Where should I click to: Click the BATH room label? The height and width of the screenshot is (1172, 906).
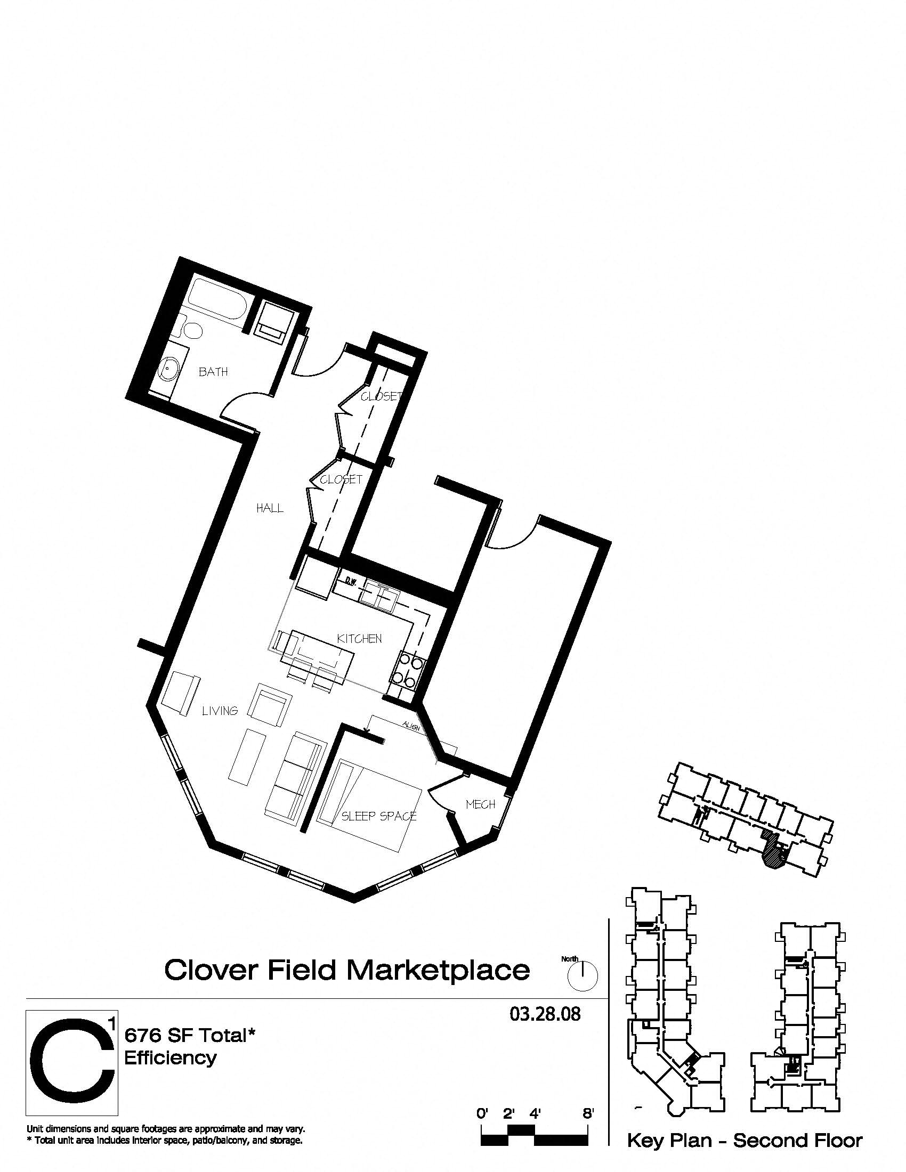pyautogui.click(x=213, y=371)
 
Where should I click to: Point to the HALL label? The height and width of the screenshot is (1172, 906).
pyautogui.click(x=270, y=508)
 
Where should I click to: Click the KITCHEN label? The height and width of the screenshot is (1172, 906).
pyautogui.click(x=359, y=639)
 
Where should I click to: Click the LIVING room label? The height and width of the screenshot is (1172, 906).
pyautogui.click(x=220, y=711)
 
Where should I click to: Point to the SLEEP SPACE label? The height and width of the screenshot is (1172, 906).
pyautogui.click(x=379, y=816)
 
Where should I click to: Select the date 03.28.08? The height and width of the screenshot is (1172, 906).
pyautogui.click(x=545, y=1014)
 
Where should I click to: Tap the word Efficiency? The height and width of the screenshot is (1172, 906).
pyautogui.click(x=170, y=1057)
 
